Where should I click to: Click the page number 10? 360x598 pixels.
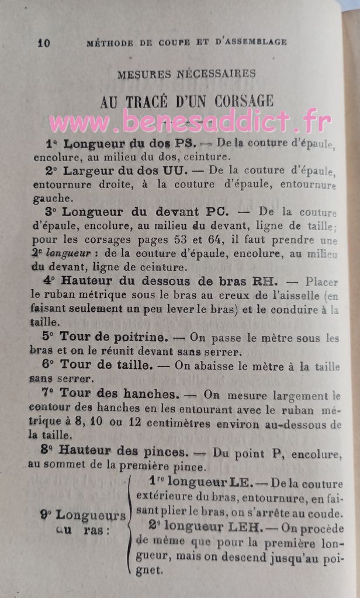click(x=43, y=43)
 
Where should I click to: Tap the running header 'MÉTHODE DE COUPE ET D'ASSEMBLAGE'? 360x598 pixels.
click(x=186, y=42)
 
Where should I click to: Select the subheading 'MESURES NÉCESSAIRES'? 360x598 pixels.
click(x=186, y=74)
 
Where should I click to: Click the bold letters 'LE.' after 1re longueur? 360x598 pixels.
click(x=239, y=482)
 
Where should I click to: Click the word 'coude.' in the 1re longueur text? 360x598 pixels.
click(x=327, y=514)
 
